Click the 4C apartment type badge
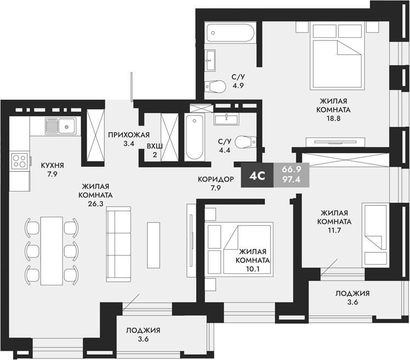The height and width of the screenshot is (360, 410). click(257, 176)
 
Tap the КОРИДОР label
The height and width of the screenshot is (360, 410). click(217, 179)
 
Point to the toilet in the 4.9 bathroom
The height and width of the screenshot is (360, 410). click(215, 86)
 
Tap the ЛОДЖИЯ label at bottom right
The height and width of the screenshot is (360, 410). click(352, 293)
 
